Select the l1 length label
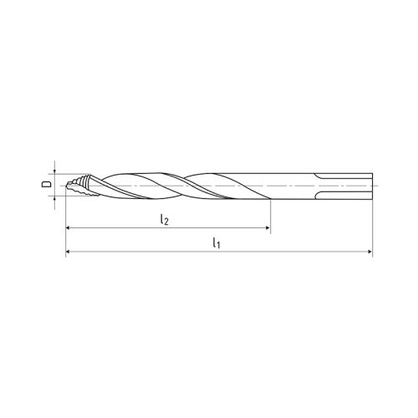coord(217,243)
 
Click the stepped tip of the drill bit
coord(74,185)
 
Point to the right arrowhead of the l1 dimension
coord(369,252)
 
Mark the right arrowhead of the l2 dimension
coord(267,227)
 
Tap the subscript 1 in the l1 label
coord(220,246)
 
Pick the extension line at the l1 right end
coord(372,226)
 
